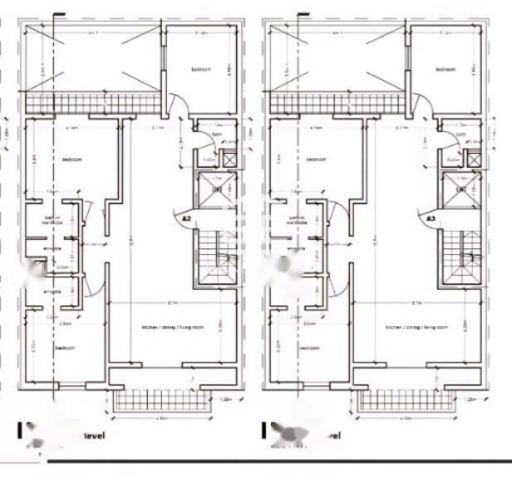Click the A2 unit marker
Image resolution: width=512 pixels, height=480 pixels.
(187, 218)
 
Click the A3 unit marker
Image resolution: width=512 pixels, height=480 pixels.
(431, 218)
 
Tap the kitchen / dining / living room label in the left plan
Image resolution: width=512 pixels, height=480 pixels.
(172, 328)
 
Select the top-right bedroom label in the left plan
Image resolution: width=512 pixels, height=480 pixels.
(200, 70)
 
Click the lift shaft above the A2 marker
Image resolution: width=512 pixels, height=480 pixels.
(214, 190)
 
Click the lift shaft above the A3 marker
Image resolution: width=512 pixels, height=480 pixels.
(459, 190)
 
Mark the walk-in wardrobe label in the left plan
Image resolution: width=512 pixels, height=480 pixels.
(52, 220)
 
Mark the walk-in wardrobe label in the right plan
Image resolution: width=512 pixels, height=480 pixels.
(296, 220)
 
